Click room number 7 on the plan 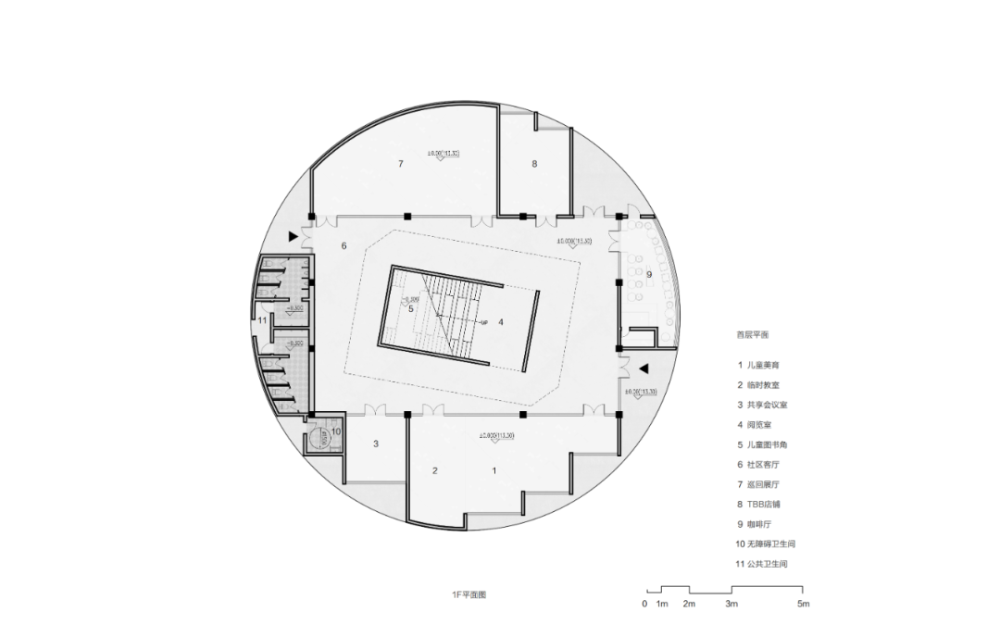[x=401, y=164]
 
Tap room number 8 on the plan [x=534, y=164]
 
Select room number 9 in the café [x=649, y=274]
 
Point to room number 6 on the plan [x=344, y=245]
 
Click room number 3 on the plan [x=376, y=444]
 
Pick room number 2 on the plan [x=434, y=470]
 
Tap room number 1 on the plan [x=494, y=470]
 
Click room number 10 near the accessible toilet [x=336, y=431]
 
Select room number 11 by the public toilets [x=263, y=320]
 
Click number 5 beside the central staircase [x=410, y=308]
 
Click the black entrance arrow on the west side [x=294, y=237]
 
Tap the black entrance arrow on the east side [x=644, y=368]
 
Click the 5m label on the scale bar [x=804, y=605]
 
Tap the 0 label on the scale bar [x=644, y=605]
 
